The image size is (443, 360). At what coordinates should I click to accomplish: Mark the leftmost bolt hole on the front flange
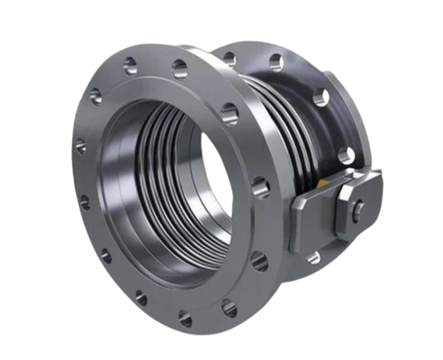pyautogui.click(x=80, y=146)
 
